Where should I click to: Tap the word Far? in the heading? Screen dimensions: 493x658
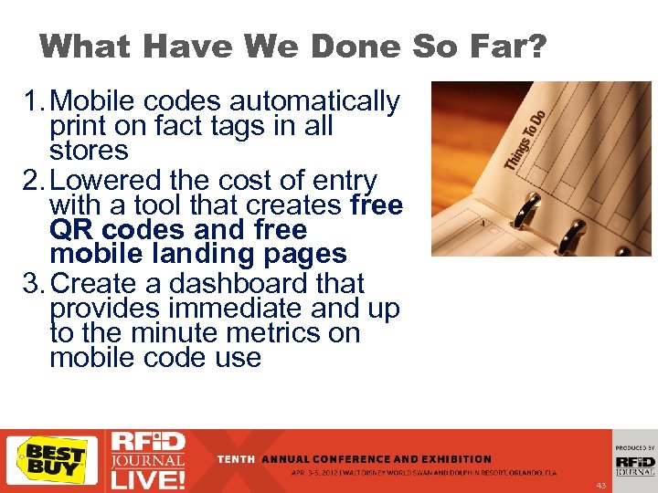(504, 46)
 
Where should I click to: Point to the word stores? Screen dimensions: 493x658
(89, 150)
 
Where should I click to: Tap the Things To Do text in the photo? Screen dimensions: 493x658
(525, 139)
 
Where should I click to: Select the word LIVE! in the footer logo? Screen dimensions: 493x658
(147, 477)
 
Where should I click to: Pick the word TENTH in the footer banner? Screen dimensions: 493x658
(237, 459)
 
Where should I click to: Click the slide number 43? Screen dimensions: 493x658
(600, 485)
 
